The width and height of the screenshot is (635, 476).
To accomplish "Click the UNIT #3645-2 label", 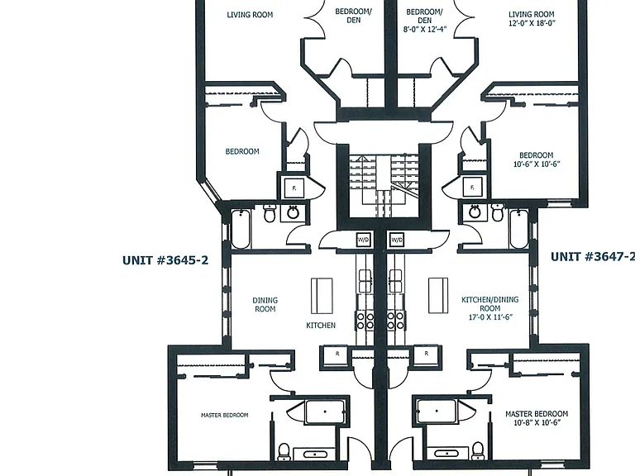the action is (165, 259).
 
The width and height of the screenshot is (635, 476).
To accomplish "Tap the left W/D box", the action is (363, 240).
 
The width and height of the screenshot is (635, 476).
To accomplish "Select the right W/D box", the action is (397, 240).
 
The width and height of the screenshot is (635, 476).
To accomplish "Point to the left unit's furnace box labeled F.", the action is (294, 188).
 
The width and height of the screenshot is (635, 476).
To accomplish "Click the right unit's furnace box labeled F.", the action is (473, 188).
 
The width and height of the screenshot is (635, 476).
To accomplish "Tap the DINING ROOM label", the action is (265, 304).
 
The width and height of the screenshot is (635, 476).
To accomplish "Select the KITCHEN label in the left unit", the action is (321, 325).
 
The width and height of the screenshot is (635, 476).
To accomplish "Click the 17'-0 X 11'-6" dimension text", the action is (490, 317).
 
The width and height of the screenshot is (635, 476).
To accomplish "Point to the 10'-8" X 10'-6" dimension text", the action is (537, 422).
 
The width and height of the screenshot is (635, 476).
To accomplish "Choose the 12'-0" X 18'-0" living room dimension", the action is (532, 23).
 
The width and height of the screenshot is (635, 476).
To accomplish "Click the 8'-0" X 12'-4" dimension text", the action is (425, 29).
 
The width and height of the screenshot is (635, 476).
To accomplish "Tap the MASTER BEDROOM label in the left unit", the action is (224, 415).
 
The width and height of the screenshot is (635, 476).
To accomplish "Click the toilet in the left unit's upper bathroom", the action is (270, 213).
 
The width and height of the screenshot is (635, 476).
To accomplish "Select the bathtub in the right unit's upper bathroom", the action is (518, 229).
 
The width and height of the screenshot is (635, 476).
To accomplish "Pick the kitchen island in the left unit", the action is (322, 296).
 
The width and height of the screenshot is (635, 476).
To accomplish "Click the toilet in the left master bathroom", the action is (284, 452).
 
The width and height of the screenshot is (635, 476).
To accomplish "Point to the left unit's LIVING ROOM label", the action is (250, 15).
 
